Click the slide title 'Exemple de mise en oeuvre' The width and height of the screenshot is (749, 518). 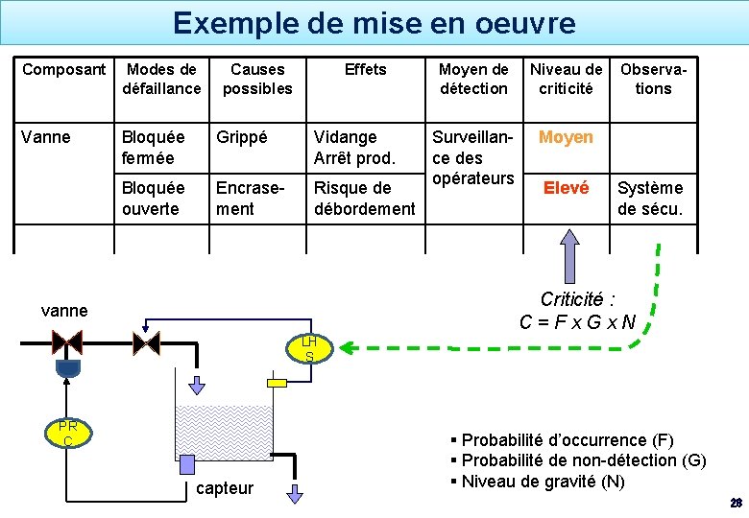pyautogui.click(x=374, y=22)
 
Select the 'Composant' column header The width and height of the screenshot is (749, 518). pyautogui.click(x=64, y=69)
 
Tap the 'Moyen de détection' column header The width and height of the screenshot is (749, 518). pyautogui.click(x=473, y=79)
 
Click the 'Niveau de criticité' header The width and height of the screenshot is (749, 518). pyautogui.click(x=567, y=79)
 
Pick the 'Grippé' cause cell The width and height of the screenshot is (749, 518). pyautogui.click(x=243, y=137)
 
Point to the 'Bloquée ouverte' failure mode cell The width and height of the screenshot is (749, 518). pyautogui.click(x=151, y=198)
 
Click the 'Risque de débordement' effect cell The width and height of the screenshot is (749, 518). pyautogui.click(x=364, y=198)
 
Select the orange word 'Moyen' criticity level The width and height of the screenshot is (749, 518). pyautogui.click(x=566, y=137)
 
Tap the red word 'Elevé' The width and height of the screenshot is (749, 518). pyautogui.click(x=567, y=188)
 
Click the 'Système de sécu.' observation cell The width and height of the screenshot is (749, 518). pyautogui.click(x=650, y=198)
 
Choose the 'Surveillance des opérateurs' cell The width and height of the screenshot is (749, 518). pyautogui.click(x=473, y=157)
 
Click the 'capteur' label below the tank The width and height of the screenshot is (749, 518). pyautogui.click(x=225, y=488)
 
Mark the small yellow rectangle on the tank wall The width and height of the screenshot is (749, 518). pyautogui.click(x=278, y=383)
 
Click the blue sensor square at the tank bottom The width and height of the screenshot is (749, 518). pyautogui.click(x=187, y=462)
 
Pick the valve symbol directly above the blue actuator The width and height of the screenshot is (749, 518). pyautogui.click(x=67, y=341)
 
